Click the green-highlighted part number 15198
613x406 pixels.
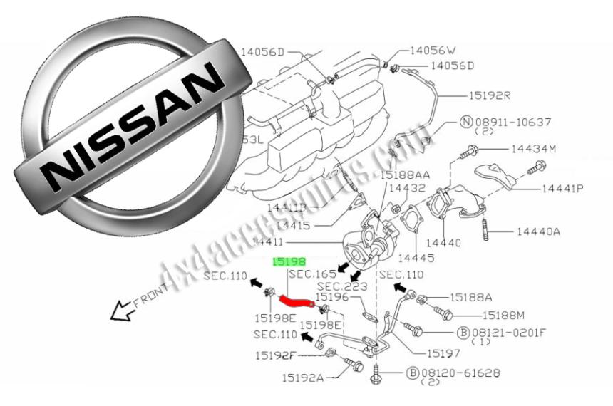coord(288,263)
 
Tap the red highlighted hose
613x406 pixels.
coord(295,302)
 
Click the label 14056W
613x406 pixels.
coord(432,51)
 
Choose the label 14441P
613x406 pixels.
coord(562,189)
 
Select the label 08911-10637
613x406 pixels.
coord(513,122)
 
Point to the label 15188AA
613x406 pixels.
coord(405,174)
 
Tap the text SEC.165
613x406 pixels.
coord(311,274)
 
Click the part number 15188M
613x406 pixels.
coord(503,314)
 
